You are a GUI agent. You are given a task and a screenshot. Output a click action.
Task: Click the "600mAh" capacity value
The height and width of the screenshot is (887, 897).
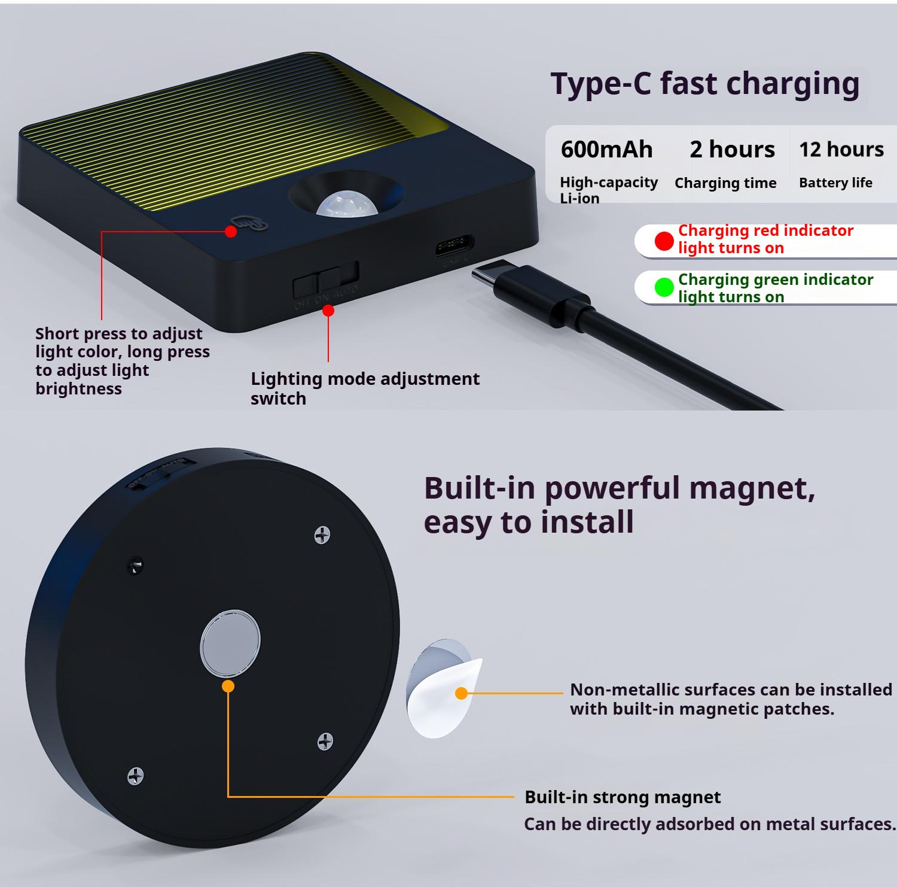coord(606,150)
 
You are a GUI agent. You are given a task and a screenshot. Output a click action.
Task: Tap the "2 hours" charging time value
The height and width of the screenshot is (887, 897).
coord(732,150)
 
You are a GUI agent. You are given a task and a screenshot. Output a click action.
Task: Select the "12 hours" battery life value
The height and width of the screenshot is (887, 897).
coord(841,150)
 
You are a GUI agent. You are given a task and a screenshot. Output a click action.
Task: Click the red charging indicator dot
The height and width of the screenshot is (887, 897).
coord(664,241)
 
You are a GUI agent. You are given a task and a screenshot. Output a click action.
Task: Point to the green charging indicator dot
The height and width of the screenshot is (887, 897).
coord(664,287)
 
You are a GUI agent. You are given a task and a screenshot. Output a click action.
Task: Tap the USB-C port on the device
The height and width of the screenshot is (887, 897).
coord(454,245)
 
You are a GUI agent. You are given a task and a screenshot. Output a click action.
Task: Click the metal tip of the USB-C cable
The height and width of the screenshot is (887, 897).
coord(484,279)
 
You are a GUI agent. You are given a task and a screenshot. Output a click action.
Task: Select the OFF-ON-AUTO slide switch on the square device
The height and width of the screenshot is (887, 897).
coord(326,279)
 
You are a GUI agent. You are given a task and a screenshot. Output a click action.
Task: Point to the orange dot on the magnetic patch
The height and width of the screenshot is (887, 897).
coord(461,693)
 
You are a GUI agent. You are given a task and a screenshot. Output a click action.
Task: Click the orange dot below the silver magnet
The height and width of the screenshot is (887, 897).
coord(228,686)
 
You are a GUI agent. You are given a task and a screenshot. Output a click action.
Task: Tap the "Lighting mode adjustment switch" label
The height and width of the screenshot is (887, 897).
coord(365,388)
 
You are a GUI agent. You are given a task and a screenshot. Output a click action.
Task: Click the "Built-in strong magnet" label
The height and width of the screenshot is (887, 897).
coord(623,797)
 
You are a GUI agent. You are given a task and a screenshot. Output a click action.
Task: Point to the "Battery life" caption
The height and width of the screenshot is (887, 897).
coord(835,183)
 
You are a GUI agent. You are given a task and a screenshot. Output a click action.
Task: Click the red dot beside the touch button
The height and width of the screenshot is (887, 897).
coord(231,231)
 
